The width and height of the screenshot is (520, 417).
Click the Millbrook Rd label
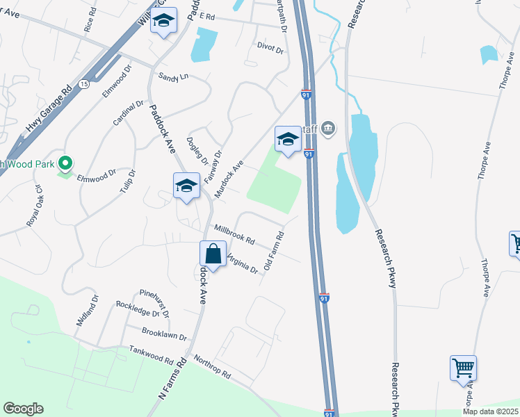coord(234,233)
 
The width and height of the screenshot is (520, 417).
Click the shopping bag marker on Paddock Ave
coord(213,254)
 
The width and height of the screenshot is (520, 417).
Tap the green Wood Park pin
coord(65,163)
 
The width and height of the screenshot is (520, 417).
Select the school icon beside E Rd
coord(164,22)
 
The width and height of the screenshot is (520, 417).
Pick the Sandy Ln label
coord(173,77)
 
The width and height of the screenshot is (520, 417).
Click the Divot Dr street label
coord(270,49)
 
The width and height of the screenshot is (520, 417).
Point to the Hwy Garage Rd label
coord(49,108)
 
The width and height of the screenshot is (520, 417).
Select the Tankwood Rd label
coord(150,356)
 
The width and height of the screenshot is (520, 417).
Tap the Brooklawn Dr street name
coord(164,335)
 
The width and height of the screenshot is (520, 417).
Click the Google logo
coord(23,409)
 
